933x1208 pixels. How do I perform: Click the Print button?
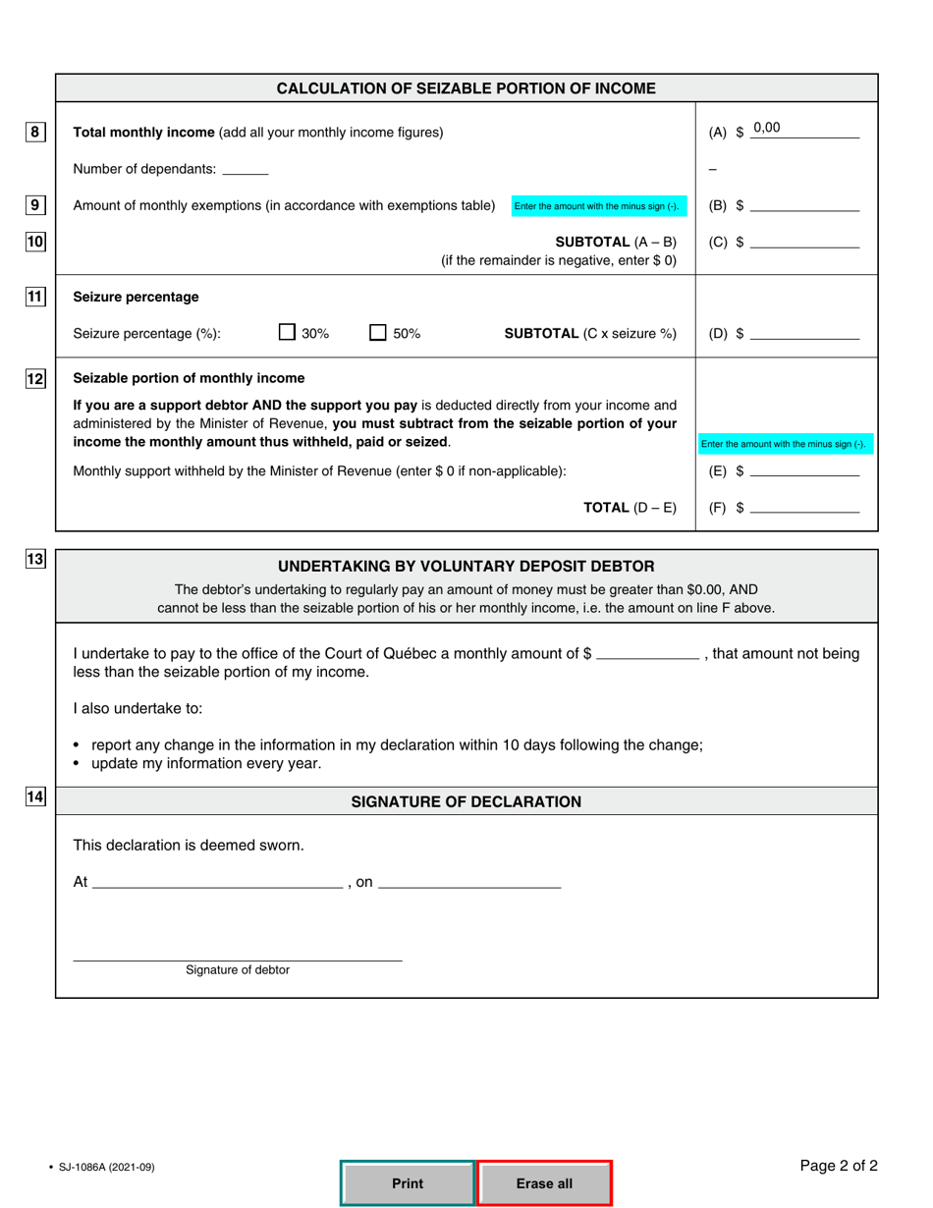[408, 1183]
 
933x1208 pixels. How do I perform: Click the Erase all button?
[544, 1183]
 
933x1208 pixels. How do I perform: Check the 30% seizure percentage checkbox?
[287, 333]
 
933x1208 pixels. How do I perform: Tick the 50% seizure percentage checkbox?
[378, 333]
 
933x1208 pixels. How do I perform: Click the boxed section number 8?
[35, 132]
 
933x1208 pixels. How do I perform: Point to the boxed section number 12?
[35, 379]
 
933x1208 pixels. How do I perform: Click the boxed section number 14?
[35, 797]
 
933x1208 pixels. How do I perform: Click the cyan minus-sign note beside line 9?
[596, 206]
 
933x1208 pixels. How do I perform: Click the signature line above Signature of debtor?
[238, 955]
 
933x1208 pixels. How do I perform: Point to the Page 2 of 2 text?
[838, 1166]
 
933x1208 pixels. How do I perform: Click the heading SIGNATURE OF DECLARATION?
[466, 801]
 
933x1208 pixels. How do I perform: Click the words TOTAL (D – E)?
[630, 507]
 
